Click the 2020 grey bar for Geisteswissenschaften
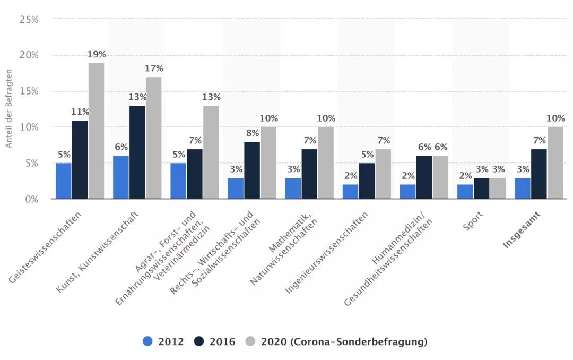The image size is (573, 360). [96, 131]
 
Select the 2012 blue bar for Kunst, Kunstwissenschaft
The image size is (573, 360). [120, 177]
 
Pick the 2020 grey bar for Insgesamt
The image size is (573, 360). [555, 163]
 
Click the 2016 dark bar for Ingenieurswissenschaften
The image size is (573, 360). [367, 181]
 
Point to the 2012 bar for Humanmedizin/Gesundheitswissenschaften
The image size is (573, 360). [407, 192]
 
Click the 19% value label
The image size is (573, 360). [97, 54]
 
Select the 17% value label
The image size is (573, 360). [154, 68]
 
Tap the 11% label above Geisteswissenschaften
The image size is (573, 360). [80, 112]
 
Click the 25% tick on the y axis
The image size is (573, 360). [29, 20]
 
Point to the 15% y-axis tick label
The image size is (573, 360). [29, 91]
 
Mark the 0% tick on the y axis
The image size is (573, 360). [31, 199]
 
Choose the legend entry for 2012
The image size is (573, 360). [163, 341]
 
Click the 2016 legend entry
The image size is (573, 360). [214, 341]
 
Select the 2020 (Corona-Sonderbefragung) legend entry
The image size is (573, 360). [337, 341]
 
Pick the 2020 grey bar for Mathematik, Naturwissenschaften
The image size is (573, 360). [326, 163]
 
